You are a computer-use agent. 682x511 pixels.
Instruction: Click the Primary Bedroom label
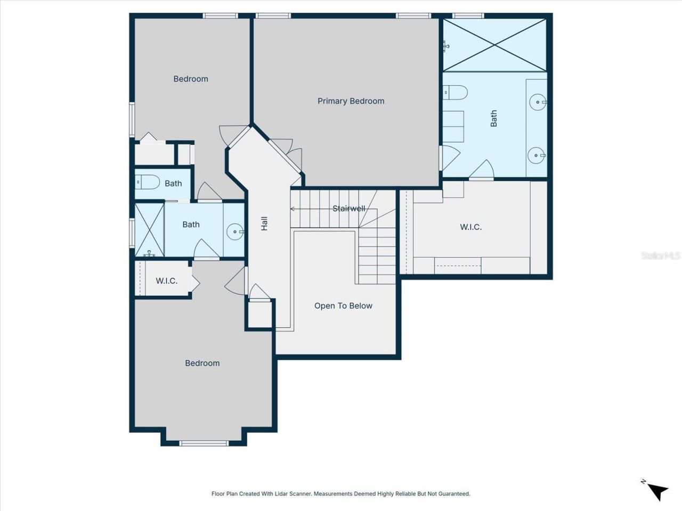click(351, 101)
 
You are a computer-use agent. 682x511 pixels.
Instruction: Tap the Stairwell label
click(349, 208)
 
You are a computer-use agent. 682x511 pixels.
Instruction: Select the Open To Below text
click(343, 306)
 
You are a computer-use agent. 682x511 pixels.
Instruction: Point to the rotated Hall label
click(264, 224)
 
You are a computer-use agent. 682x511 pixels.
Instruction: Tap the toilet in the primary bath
click(456, 93)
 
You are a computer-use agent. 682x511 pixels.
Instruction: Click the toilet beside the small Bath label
click(148, 183)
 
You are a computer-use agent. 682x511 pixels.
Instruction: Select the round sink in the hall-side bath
click(234, 232)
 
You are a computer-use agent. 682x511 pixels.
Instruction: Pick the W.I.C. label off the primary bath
click(470, 227)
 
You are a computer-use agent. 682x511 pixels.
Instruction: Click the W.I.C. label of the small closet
click(166, 281)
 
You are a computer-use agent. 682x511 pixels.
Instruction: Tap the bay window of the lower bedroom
click(204, 443)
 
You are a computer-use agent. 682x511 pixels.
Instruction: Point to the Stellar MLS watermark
click(660, 256)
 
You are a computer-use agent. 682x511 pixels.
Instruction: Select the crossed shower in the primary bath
click(495, 45)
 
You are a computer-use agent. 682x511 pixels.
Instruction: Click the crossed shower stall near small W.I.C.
click(149, 229)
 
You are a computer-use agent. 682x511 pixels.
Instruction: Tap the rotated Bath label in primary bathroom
click(494, 118)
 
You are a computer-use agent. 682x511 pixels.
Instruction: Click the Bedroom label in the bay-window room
click(202, 363)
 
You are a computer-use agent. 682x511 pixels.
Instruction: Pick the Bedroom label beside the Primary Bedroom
click(190, 79)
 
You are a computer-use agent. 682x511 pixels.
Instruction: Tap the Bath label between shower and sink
click(191, 225)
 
